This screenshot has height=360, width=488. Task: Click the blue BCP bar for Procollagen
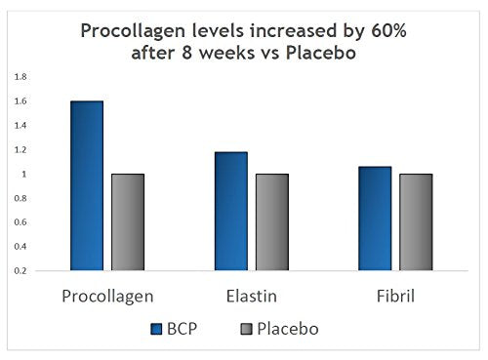click(87, 185)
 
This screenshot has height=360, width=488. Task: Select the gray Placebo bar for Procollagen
click(128, 221)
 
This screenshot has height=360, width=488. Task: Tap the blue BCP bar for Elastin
click(231, 211)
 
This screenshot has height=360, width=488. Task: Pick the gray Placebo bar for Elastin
click(271, 221)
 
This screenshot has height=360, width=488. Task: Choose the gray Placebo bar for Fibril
click(416, 221)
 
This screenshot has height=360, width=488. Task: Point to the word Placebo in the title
click(323, 54)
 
